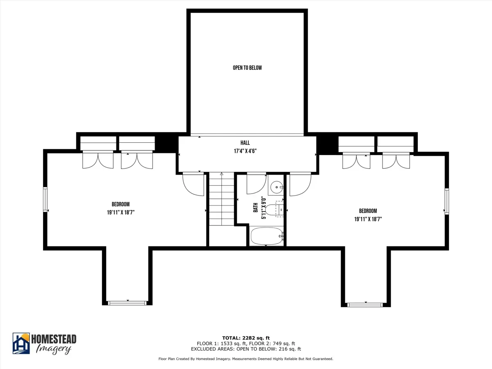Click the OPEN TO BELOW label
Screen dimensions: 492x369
tap(247, 68)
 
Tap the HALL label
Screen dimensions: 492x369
tap(245, 143)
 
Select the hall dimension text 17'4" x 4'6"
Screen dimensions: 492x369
tap(245, 151)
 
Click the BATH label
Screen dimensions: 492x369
tap(255, 207)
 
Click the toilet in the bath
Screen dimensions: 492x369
tap(275, 210)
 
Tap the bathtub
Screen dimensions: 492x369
tap(267, 237)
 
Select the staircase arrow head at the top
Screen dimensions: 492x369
tap(221, 173)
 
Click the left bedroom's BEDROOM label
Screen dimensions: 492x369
tap(121, 204)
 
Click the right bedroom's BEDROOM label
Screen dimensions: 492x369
tap(368, 211)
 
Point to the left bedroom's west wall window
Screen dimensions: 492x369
tap(45, 199)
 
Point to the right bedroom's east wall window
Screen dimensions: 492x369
tap(446, 202)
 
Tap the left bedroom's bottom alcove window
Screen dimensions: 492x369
tap(127, 303)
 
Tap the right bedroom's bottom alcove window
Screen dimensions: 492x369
tap(365, 305)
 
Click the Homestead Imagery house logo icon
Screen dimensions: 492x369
tap(21, 344)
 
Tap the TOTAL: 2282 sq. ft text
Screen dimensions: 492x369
tap(246, 338)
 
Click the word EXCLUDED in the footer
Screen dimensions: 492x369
tap(203, 349)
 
